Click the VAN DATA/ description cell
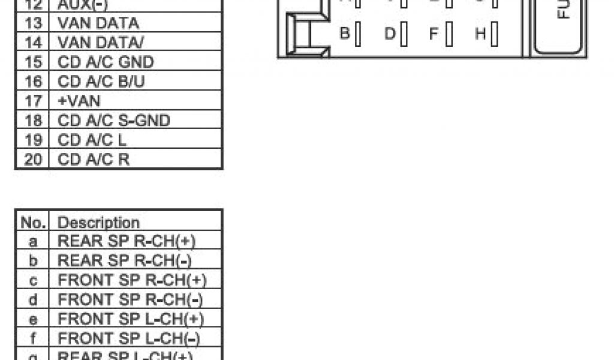pos(101,43)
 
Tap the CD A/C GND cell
pos(106,62)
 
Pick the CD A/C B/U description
pos(102,82)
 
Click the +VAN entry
pos(79,101)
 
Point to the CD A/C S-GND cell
pos(114,120)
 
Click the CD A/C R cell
pos(94,159)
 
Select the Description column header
pos(98,223)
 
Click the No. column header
pos(34,223)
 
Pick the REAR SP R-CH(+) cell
pos(127,241)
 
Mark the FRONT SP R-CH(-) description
pos(130,299)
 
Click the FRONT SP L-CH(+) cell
pos(130,319)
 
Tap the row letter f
pos(34,338)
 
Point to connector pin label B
pos(345,34)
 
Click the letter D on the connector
pos(389,34)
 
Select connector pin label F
pos(434,34)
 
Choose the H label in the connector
pos(480,34)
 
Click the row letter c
pos(34,280)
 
